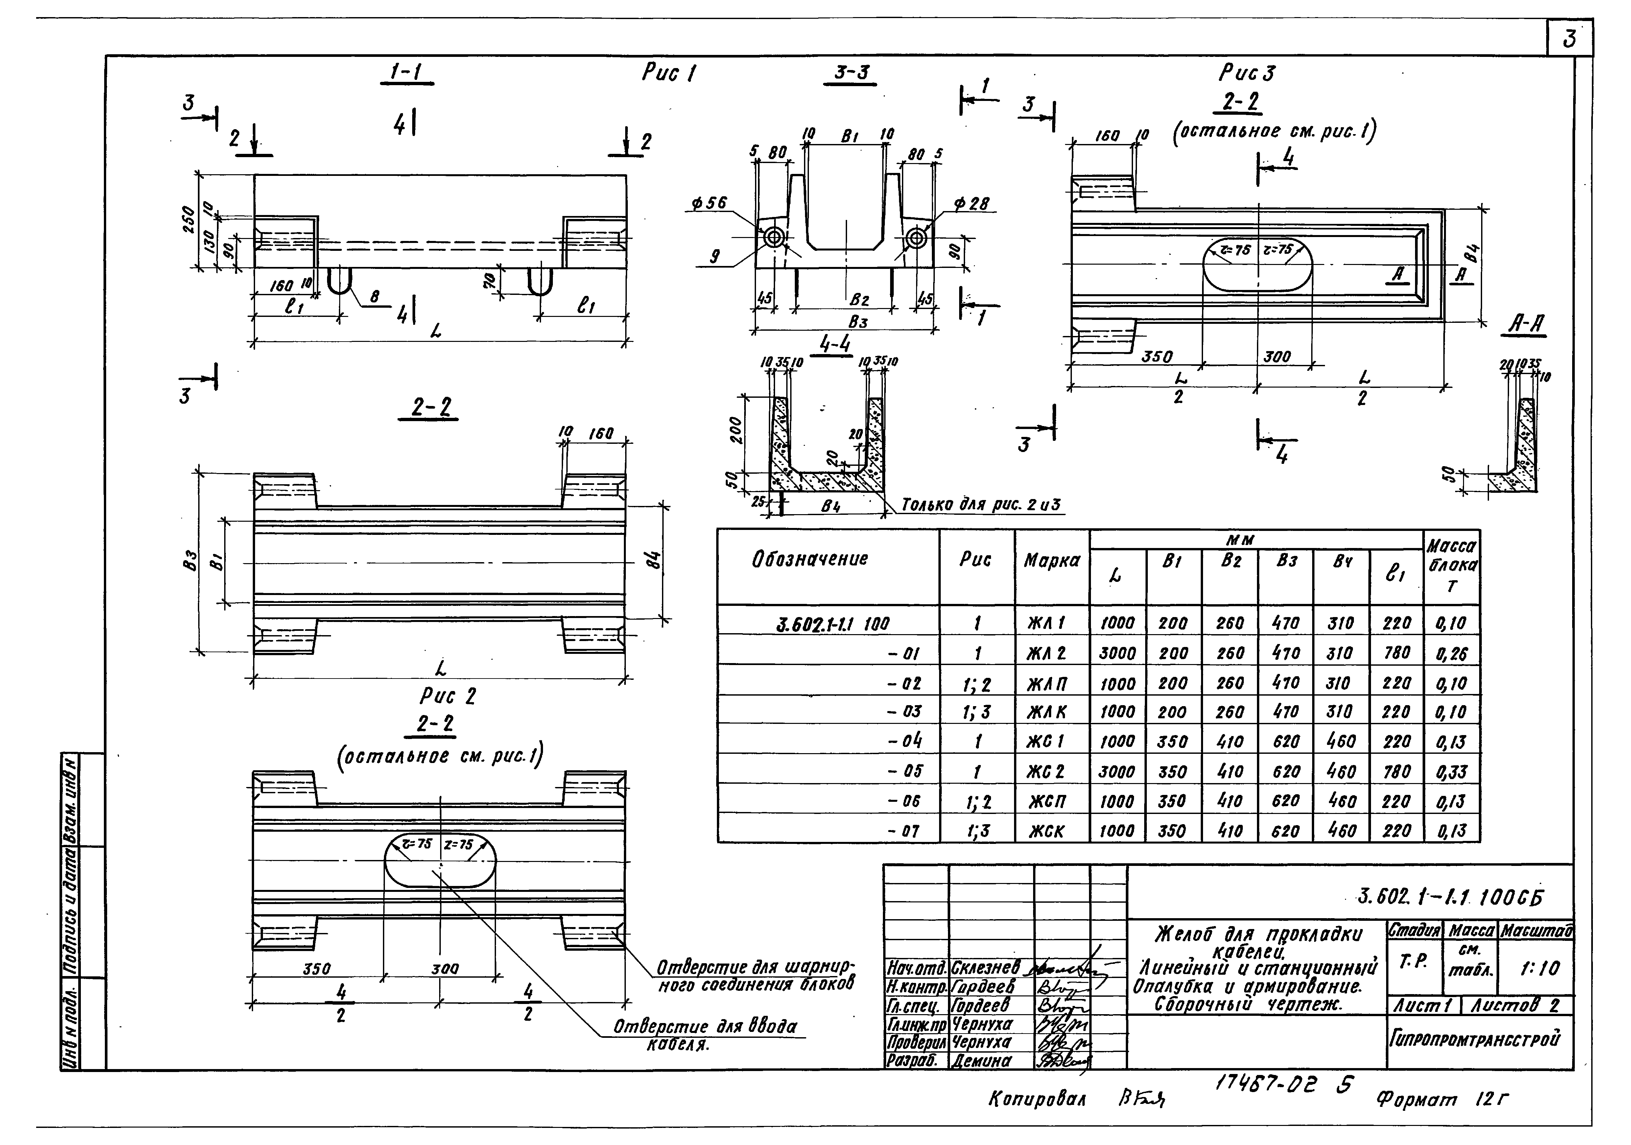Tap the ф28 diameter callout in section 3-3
(971, 204)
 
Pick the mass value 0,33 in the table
(1451, 771)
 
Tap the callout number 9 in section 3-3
(715, 256)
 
